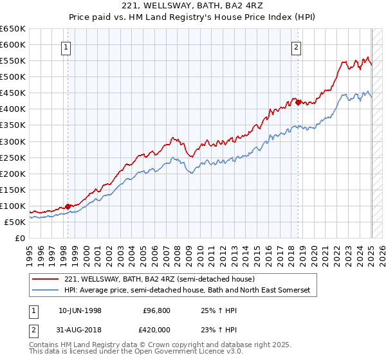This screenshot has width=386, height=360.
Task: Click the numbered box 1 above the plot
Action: pyautogui.click(x=67, y=46)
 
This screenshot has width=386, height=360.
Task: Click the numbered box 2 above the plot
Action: pyautogui.click(x=297, y=46)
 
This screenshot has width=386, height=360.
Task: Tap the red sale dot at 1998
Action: pyautogui.click(x=68, y=206)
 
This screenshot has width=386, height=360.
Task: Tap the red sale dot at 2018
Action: pyautogui.click(x=298, y=102)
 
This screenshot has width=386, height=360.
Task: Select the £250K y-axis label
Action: pyautogui.click(x=13, y=157)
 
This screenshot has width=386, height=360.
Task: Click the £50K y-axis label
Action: pyautogui.click(x=15, y=222)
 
